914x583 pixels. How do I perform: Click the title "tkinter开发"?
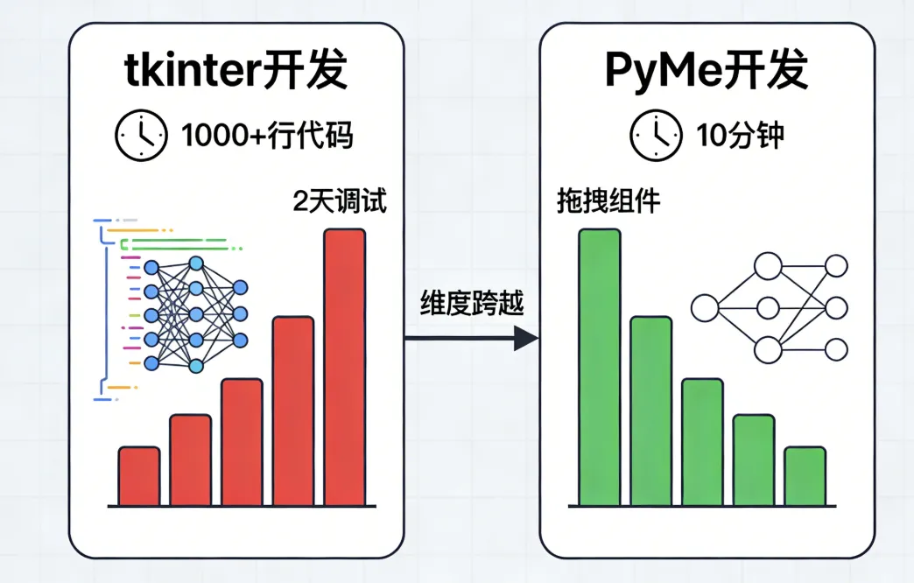pyautogui.click(x=235, y=73)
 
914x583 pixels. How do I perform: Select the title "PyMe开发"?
pyautogui.click(x=706, y=73)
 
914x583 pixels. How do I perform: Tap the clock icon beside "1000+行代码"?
pyautogui.click(x=140, y=136)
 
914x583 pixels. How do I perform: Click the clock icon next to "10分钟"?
pyautogui.click(x=655, y=136)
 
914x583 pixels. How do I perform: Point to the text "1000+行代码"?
pyautogui.click(x=267, y=136)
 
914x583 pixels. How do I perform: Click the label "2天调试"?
pyautogui.click(x=340, y=202)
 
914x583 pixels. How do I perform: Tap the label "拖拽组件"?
pyautogui.click(x=608, y=202)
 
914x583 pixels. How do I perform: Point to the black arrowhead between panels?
pyautogui.click(x=525, y=337)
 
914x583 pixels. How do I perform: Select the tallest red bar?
pyautogui.click(x=345, y=368)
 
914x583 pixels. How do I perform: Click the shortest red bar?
pyautogui.click(x=139, y=476)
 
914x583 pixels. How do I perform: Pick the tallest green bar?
pyautogui.click(x=600, y=368)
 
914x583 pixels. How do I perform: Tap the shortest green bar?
pyautogui.click(x=805, y=476)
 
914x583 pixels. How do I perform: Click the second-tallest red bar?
pyautogui.click(x=293, y=411)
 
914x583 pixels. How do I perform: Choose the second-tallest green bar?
pyautogui.click(x=650, y=411)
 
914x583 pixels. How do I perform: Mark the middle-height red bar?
pyautogui.click(x=242, y=442)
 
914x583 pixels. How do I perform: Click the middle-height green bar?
pyautogui.click(x=702, y=442)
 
